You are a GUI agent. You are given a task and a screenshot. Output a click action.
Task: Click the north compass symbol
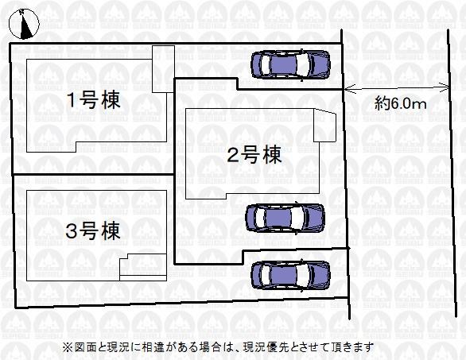coord(24,24)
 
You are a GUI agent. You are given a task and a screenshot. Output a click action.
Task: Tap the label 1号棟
coord(94,100)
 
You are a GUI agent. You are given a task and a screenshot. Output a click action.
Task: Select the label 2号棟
coord(254,154)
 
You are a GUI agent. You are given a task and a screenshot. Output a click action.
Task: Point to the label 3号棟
coord(93,230)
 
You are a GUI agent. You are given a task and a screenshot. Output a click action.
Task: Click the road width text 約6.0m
coord(400,103)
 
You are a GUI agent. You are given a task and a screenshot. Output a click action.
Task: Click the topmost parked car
coord(290,64)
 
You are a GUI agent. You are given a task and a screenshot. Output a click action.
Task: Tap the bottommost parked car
coord(290,275)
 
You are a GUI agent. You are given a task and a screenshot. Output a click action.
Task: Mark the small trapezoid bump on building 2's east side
coord(325,125)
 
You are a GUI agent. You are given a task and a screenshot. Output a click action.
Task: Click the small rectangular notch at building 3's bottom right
coord(143,267)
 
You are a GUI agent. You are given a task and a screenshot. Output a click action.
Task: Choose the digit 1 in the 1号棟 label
coord(72,100)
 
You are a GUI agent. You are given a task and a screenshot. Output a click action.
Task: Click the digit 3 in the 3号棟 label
coord(71,231)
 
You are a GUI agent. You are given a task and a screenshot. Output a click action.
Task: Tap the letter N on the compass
coord(21,12)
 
